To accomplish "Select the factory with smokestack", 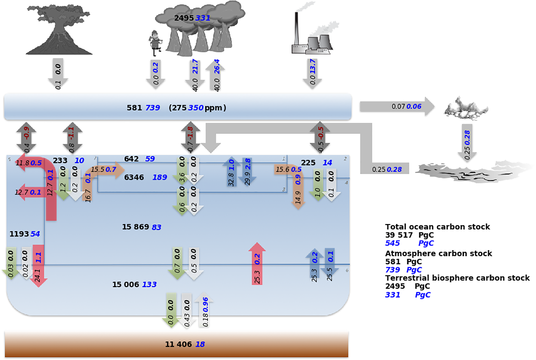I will click(x=312, y=36).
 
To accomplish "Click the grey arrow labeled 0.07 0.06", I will click(x=397, y=107).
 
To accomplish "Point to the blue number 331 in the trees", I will click(x=203, y=18).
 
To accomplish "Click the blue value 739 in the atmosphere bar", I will click(x=153, y=108).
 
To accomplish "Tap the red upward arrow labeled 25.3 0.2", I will click(x=257, y=264).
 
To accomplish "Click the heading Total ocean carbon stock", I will click(x=437, y=227).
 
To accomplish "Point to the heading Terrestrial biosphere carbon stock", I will click(x=457, y=278).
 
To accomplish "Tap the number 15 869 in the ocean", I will click(x=136, y=227).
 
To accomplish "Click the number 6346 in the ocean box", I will click(x=134, y=177).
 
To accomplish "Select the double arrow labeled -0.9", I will click(x=26, y=138).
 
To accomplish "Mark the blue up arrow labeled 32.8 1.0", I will click(x=231, y=172).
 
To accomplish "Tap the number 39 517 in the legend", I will click(x=399, y=235).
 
